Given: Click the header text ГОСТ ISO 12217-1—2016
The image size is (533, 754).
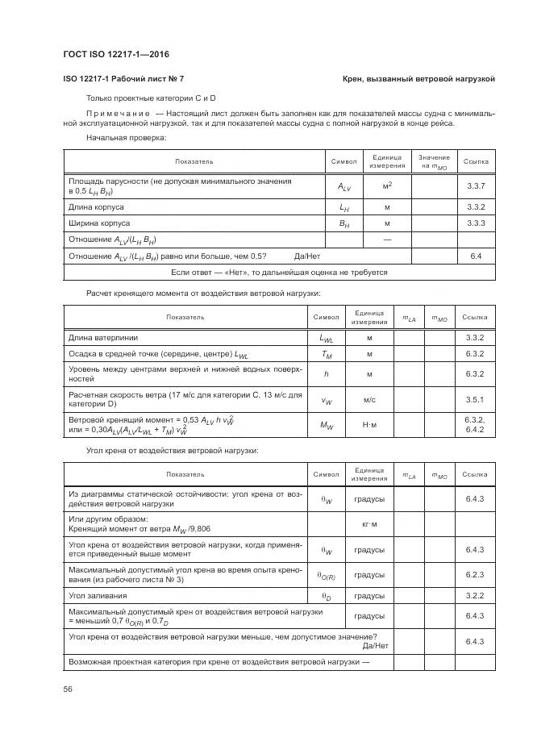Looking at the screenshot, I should [115, 55].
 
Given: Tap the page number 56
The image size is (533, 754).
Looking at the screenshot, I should [68, 689].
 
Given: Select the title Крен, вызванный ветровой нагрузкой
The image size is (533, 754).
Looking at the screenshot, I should [418, 79].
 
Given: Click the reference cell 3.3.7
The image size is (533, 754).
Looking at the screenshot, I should [476, 186].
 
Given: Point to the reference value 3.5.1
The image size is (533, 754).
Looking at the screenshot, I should [474, 399].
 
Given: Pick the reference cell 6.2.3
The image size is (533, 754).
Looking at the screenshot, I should [474, 575].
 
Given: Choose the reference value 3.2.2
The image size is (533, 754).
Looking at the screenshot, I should [474, 596].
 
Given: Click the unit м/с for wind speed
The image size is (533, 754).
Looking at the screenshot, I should [369, 399].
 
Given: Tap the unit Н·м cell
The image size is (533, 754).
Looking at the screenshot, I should [369, 424].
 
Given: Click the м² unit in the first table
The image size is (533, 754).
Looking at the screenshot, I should [387, 186].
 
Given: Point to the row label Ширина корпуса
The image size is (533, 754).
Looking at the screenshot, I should [99, 223].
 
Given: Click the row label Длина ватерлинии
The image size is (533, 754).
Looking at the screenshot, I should [103, 337].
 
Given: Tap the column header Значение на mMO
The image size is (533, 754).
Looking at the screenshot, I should [435, 161].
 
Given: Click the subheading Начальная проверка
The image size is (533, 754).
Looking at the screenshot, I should [126, 138].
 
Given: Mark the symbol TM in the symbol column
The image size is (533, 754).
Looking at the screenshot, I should [327, 354].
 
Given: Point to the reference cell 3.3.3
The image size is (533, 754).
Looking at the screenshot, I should [476, 223].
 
